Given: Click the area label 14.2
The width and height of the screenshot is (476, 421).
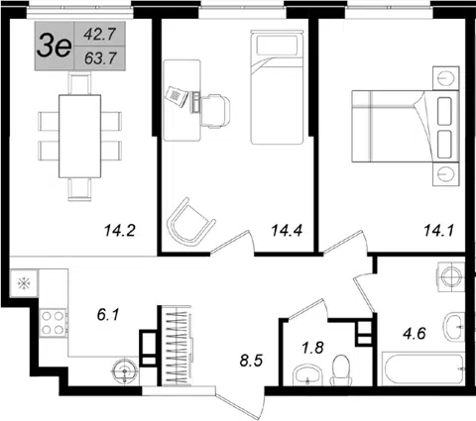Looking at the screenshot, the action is pyautogui.click(x=120, y=230).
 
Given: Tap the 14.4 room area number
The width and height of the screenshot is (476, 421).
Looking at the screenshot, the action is pyautogui.click(x=287, y=230).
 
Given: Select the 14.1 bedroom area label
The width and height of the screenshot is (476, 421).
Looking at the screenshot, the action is pyautogui.click(x=439, y=230).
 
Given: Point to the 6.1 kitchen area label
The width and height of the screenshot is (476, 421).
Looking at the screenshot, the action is pyautogui.click(x=108, y=315).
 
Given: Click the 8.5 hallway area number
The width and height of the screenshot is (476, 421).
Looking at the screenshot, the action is pyautogui.click(x=251, y=361).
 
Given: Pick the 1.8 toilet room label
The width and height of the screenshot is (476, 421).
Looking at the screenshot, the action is pyautogui.click(x=312, y=348).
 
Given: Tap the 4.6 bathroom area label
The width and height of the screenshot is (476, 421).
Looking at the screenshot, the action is pyautogui.click(x=415, y=333).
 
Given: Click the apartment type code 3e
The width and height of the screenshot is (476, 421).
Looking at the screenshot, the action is pyautogui.click(x=55, y=47).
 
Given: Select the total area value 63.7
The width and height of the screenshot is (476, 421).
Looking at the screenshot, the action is pyautogui.click(x=100, y=58).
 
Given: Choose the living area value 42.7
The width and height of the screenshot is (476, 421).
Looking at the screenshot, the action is pyautogui.click(x=99, y=34).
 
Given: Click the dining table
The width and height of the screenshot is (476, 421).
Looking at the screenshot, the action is pyautogui.click(x=79, y=136).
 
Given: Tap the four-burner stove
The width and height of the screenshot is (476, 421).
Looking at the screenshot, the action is pyautogui.click(x=53, y=323).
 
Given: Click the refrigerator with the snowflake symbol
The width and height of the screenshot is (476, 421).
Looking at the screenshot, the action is pyautogui.click(x=25, y=283).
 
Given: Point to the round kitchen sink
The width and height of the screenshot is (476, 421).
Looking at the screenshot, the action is pyautogui.click(x=125, y=371).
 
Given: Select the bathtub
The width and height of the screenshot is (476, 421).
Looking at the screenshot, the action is pyautogui.click(x=423, y=368).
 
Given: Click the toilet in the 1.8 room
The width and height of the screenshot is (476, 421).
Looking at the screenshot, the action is pyautogui.click(x=341, y=369).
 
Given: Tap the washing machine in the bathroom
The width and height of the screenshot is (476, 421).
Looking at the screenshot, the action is pyautogui.click(x=451, y=276).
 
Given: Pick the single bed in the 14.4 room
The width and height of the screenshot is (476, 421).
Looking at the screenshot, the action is pyautogui.click(x=277, y=87).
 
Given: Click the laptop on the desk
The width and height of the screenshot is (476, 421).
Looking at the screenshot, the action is pyautogui.click(x=177, y=96).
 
